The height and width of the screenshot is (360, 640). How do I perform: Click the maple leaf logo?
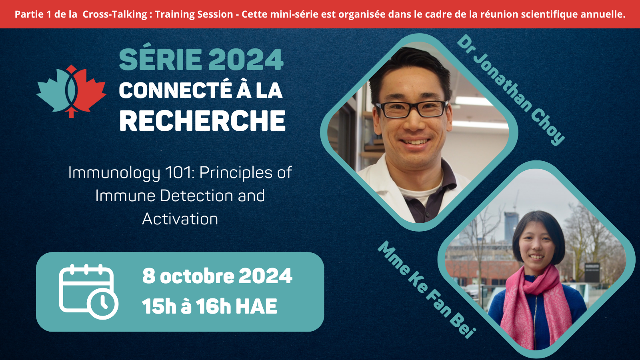pos(71,91)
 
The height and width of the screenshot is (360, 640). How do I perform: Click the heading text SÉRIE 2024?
pos(201,60)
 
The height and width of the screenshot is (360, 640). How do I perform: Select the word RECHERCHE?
pos(202,121)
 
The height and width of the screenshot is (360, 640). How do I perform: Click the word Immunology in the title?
pos(114,173)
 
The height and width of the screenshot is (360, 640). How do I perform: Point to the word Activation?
pos(180,219)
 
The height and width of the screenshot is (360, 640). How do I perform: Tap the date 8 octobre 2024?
pos(217,276)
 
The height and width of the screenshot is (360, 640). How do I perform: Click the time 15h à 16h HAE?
pos(210,306)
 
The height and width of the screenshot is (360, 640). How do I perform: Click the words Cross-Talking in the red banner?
pos(115,14)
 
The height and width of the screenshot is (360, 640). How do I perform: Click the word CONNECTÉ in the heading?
pos(175,90)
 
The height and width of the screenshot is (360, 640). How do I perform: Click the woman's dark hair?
pos(538,224)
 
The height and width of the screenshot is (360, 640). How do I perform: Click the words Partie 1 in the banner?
pos(33,14)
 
